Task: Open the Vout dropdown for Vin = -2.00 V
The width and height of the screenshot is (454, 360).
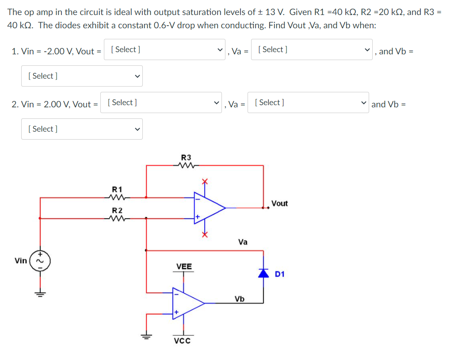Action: [164, 49]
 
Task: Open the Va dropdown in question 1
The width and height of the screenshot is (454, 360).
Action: [312, 49]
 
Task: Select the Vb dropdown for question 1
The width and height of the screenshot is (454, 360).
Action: [82, 76]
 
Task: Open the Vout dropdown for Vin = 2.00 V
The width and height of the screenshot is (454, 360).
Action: [161, 102]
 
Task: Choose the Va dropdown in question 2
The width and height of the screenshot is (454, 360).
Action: [309, 102]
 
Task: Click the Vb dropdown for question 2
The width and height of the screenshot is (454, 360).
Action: [82, 129]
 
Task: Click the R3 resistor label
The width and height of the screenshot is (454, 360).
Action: [186, 158]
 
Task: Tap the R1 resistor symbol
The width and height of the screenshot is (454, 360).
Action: [118, 197]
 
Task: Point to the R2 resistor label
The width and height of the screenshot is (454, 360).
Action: [118, 210]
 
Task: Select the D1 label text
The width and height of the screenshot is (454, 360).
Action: [279, 274]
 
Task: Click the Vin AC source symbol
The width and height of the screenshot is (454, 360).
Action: [41, 261]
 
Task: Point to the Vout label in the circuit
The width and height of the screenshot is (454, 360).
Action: [279, 203]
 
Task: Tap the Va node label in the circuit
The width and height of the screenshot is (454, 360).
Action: [243, 242]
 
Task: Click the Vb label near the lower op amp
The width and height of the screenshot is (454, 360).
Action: [239, 299]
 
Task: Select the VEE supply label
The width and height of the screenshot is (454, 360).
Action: [184, 266]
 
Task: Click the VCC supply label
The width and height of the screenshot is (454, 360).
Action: [182, 341]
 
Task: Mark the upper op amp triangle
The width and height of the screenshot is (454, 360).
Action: [209, 207]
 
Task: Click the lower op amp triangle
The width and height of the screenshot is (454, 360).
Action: [187, 303]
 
